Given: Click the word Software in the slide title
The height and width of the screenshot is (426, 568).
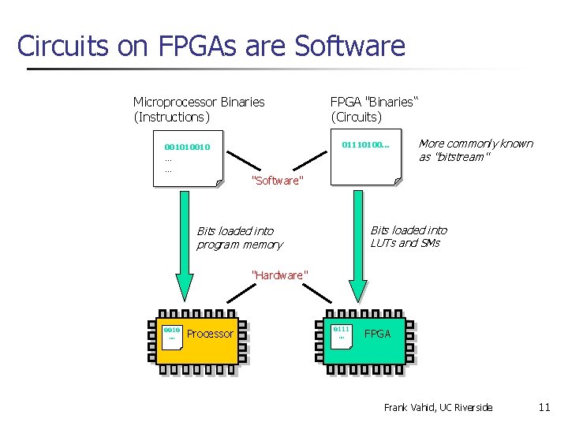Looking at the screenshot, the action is (x=349, y=46).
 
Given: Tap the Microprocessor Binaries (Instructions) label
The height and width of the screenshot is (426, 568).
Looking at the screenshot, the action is (x=199, y=109).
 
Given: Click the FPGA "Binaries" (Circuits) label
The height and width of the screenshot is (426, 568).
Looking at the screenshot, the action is (x=374, y=109).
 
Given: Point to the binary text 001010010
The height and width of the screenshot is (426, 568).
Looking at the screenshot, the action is (x=187, y=147).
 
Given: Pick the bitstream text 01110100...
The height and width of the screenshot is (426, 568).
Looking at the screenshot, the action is (x=365, y=145).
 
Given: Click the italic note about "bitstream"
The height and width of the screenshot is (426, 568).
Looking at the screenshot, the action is (x=475, y=150).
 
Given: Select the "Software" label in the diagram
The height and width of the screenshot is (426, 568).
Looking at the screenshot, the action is (x=276, y=181).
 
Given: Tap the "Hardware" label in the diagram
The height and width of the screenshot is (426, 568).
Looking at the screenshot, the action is (x=278, y=275).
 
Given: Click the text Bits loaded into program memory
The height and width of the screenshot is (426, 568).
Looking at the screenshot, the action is (x=238, y=237).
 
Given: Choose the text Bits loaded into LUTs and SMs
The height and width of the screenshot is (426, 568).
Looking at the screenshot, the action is (x=408, y=236).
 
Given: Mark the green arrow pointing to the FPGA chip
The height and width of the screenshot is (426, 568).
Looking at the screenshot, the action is (x=357, y=248).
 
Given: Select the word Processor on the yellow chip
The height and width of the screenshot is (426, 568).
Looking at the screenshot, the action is (x=210, y=334).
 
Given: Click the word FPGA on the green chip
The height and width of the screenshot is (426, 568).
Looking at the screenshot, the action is (x=377, y=334).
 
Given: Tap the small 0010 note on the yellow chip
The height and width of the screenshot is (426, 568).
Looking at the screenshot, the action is (x=172, y=334).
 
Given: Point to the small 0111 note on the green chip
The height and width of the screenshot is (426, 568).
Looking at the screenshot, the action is (x=341, y=333).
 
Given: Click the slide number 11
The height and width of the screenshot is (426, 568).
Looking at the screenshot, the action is (x=544, y=407).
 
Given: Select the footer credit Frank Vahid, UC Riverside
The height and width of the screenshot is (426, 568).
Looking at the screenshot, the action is (x=438, y=407).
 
